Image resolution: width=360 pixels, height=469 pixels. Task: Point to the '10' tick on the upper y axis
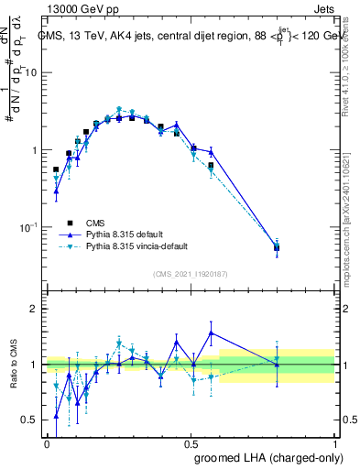click(x=31, y=72)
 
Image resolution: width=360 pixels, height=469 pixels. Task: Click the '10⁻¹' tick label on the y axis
click(x=29, y=226)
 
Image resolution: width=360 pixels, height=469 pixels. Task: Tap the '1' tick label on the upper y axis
click(x=35, y=149)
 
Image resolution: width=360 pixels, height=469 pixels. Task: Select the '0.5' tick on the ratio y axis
click(x=30, y=420)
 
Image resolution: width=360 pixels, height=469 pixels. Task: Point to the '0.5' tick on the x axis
click(x=190, y=442)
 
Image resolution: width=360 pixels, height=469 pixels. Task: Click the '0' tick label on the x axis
click(x=47, y=442)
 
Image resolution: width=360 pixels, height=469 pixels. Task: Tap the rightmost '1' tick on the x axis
click(x=334, y=442)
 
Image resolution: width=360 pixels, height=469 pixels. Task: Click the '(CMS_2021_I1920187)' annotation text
click(x=191, y=274)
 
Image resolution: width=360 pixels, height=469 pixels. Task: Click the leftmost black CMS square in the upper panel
click(x=56, y=169)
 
